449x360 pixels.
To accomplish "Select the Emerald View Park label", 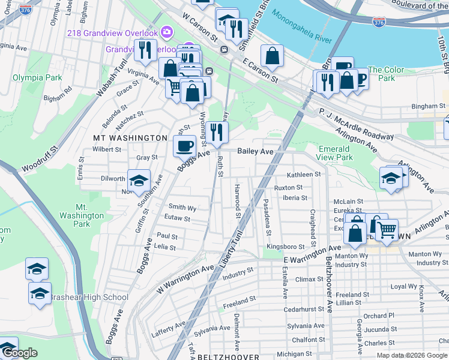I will (x=335, y=153).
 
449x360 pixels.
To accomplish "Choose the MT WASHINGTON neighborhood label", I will (x=130, y=138).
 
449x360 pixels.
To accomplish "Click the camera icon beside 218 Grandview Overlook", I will (x=167, y=32).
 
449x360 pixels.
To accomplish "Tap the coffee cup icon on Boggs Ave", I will (x=184, y=145).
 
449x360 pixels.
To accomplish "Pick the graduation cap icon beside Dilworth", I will (x=139, y=181).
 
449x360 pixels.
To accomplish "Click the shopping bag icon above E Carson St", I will (x=272, y=56).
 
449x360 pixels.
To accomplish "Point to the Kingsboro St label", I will (x=286, y=247).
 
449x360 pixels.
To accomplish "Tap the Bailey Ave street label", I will (x=255, y=152).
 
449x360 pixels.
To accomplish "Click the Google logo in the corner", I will (x=20, y=353).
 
